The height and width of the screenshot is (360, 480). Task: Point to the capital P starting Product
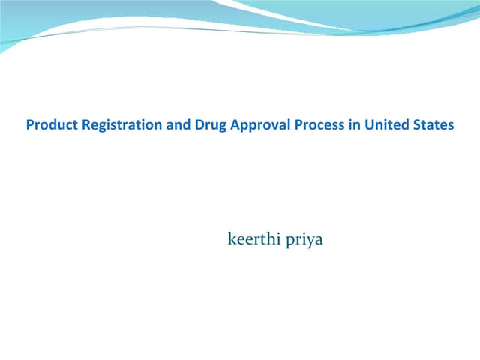point(30,125)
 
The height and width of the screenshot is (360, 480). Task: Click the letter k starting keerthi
point(231,241)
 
